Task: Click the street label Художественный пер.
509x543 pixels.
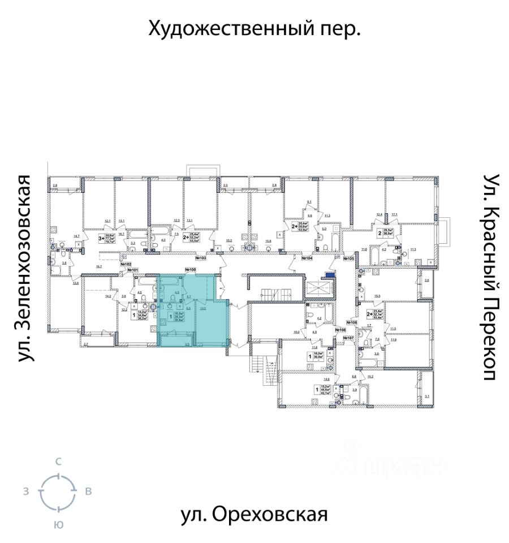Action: click(x=255, y=28)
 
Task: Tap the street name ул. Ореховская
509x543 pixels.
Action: click(x=254, y=515)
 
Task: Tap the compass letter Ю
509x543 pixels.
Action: click(x=58, y=524)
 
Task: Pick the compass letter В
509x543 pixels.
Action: click(x=88, y=492)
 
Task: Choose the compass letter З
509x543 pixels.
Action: click(x=26, y=492)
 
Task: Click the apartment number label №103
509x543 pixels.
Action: click(x=200, y=258)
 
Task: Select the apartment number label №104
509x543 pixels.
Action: click(x=307, y=258)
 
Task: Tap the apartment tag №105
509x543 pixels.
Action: click(x=349, y=258)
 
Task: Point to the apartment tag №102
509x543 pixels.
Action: click(x=126, y=264)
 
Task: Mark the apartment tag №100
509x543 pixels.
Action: click(x=190, y=270)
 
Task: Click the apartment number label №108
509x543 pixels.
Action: click(x=340, y=329)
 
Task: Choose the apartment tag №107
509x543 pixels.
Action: click(x=348, y=338)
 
